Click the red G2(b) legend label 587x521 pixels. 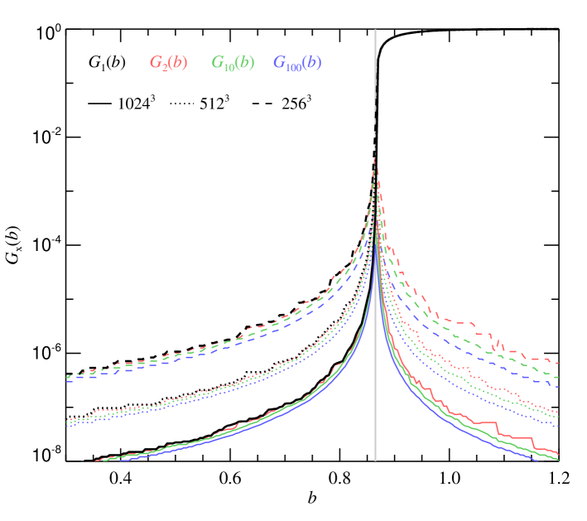pyautogui.click(x=168, y=63)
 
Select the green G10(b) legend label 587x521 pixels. pyautogui.click(x=233, y=63)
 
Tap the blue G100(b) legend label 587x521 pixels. pyautogui.click(x=297, y=63)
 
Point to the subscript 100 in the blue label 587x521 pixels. pyautogui.click(x=294, y=66)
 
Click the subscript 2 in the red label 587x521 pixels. pyautogui.click(x=165, y=66)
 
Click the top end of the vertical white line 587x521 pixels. pyautogui.click(x=375, y=31)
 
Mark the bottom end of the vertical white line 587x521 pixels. pyautogui.click(x=375, y=460)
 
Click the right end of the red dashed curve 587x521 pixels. pyautogui.click(x=559, y=363)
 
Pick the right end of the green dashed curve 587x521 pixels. pyautogui.click(x=559, y=377)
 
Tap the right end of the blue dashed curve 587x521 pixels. pyautogui.click(x=559, y=386)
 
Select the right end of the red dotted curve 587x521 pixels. pyautogui.click(x=559, y=412)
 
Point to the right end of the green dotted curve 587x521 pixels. pyautogui.click(x=559, y=417)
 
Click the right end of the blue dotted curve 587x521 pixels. pyautogui.click(x=559, y=427)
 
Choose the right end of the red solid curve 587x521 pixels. pyautogui.click(x=559, y=454)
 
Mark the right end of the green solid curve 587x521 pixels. pyautogui.click(x=559, y=460)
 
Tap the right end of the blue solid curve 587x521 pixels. pyautogui.click(x=538, y=461)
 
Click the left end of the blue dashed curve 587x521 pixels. pyautogui.click(x=66, y=380)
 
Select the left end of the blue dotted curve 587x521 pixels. pyautogui.click(x=66, y=427)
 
